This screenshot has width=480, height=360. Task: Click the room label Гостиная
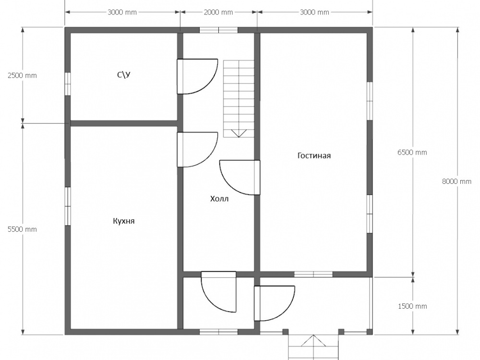(x=314, y=156)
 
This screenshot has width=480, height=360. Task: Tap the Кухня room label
(x=124, y=221)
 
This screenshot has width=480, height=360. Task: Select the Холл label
(x=219, y=199)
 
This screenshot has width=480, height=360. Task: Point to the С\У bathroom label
(x=124, y=75)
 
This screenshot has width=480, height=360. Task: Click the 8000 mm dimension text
(x=456, y=181)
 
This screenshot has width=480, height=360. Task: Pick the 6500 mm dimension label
(x=412, y=153)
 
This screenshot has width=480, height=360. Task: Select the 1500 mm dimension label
(x=412, y=306)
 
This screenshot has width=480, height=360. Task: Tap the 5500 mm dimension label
(x=22, y=229)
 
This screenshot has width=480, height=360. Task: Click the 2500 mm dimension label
(x=22, y=76)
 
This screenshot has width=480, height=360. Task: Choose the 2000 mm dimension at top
(x=218, y=12)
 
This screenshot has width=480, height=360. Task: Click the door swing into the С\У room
(x=197, y=76)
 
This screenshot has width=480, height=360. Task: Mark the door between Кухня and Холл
(x=197, y=150)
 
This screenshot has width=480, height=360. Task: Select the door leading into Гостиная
(x=240, y=178)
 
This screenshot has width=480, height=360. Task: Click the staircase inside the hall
(x=239, y=98)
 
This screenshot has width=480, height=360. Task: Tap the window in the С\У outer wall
(x=68, y=84)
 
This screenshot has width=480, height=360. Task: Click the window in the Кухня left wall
(x=68, y=206)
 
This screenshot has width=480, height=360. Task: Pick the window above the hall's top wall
(x=218, y=30)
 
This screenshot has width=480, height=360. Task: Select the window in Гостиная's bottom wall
(x=313, y=274)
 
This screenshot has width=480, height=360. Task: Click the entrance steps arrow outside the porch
(x=313, y=341)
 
